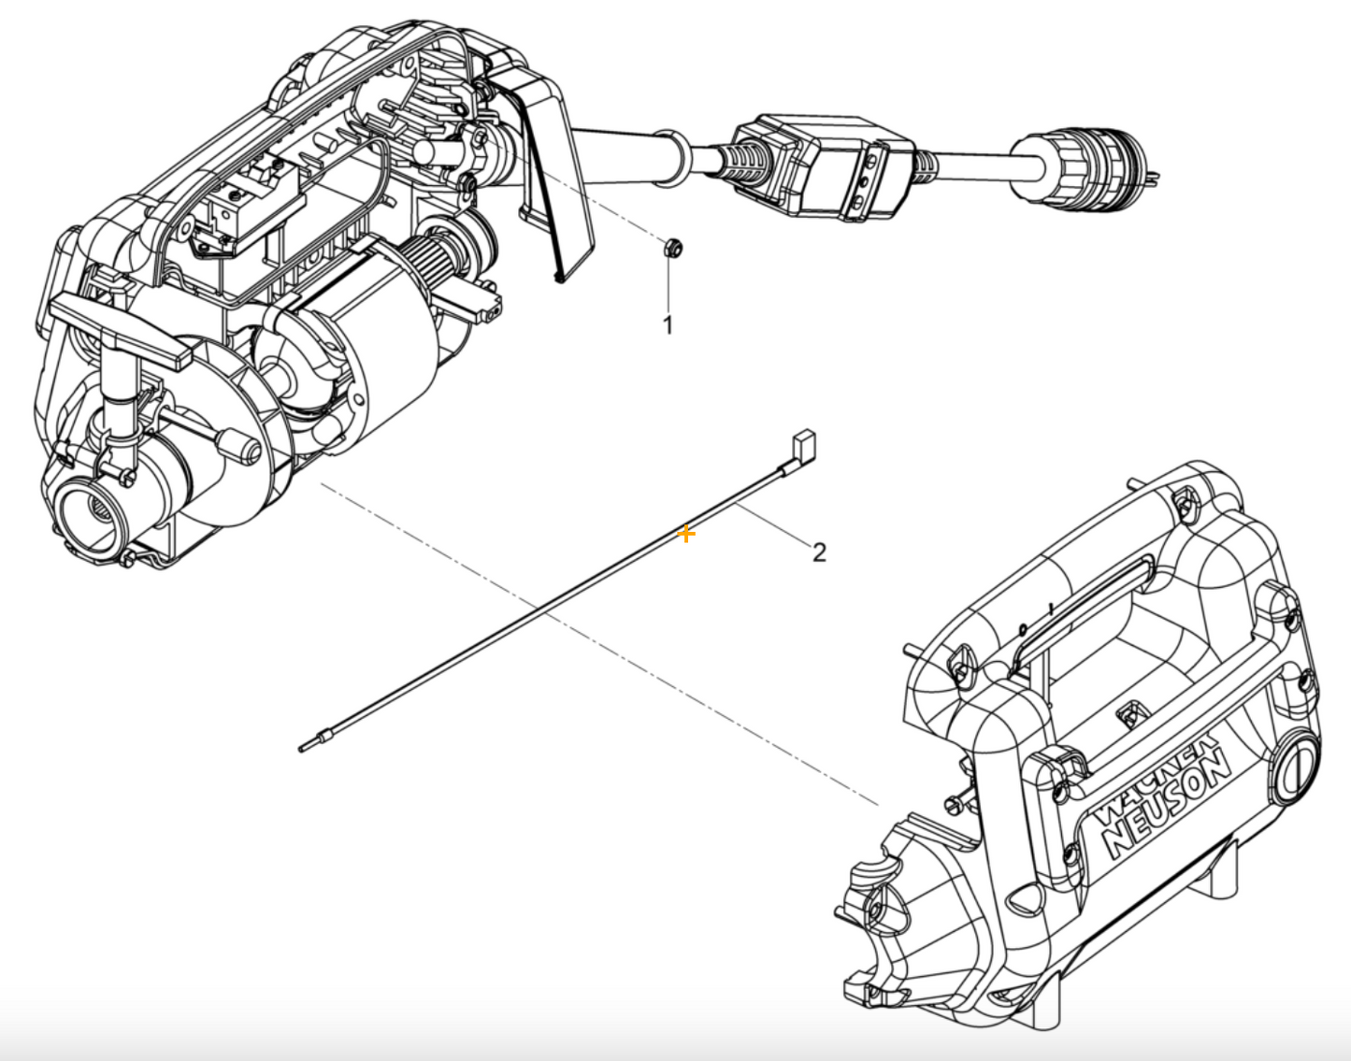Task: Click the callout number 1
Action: click(x=668, y=325)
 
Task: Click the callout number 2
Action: click(x=819, y=552)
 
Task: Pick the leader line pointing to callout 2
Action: click(x=773, y=526)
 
